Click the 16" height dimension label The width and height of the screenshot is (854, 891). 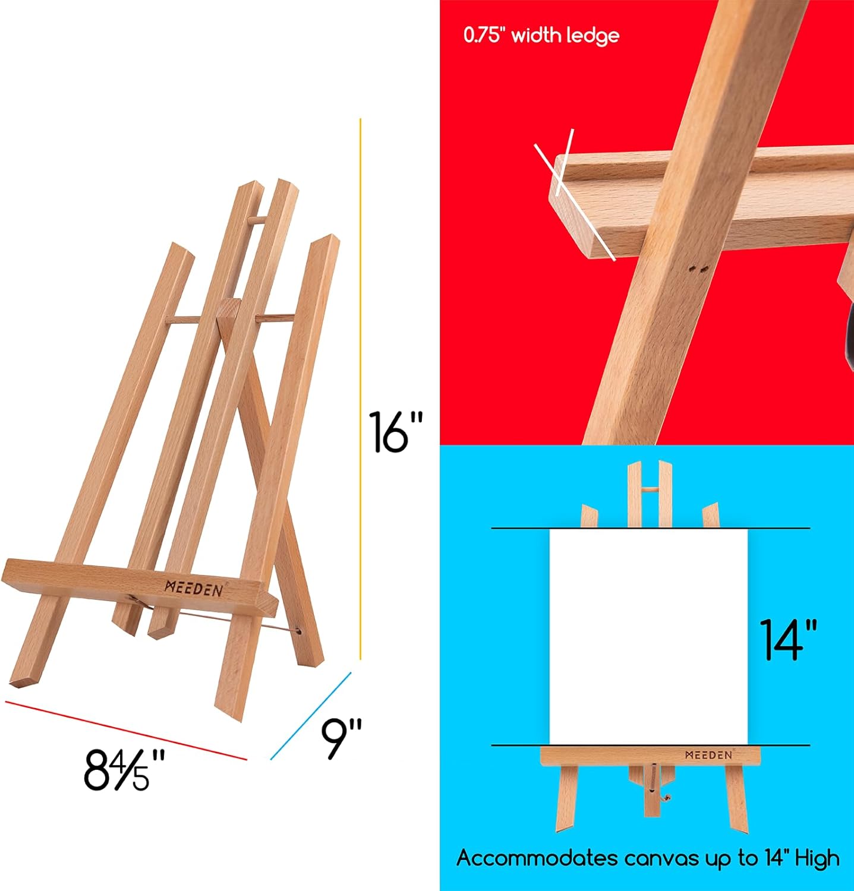pos(395,432)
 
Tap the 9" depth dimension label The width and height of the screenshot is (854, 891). pos(342,738)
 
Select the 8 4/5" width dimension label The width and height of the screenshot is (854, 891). pos(124,770)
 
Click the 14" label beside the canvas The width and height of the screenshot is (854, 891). pos(789,640)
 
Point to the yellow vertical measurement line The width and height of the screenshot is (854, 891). pos(360,386)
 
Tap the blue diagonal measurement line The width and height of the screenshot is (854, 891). pos(311,716)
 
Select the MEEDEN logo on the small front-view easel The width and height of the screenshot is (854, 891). pos(708,755)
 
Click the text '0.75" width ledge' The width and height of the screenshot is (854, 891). pos(541,36)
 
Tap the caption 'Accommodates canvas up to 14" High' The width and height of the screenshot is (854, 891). pos(648,858)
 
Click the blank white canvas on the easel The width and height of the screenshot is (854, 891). pos(648,636)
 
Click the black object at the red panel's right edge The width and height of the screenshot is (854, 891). pos(847,333)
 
